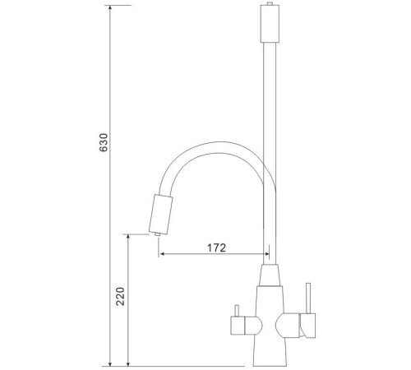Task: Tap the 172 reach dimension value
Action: coord(216,246)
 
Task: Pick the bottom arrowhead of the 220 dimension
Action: coord(129,361)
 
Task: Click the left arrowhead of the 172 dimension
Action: coord(162,255)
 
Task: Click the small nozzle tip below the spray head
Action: coord(156,236)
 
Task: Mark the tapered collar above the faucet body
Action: coord(270,276)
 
